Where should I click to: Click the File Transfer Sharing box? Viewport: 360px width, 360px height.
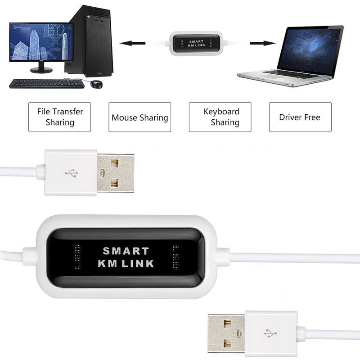pos(59,117)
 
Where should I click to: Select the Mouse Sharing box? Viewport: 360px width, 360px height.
pos(139,117)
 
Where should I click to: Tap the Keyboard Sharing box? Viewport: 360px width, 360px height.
pos(220,117)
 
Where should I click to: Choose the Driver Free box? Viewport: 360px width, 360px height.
pos(300,117)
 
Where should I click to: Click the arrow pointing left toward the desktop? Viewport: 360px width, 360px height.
pos(135,44)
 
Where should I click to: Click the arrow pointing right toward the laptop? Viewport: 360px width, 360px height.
pos(262,44)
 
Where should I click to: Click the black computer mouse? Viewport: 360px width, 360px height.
pos(96,84)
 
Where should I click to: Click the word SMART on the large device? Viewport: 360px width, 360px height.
pos(126,251)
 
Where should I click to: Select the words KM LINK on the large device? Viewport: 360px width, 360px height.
pos(126,264)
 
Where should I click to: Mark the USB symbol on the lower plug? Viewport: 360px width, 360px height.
pos(271,333)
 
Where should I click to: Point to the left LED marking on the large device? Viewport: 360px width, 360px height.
pos(77,256)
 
